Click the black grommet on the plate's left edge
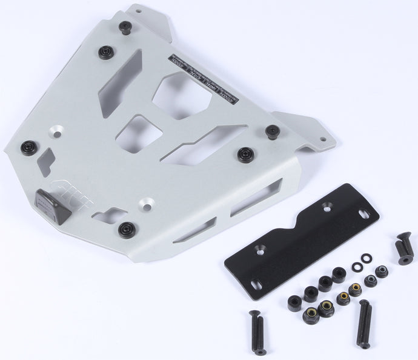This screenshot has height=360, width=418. (x=28, y=147)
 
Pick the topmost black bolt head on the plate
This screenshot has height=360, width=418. (x=126, y=27)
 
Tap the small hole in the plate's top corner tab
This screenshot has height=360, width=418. (x=134, y=10)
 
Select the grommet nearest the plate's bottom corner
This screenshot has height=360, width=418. (x=126, y=228)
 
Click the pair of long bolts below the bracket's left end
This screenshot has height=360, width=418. (x=256, y=332)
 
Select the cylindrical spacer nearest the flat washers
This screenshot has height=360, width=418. (x=340, y=274)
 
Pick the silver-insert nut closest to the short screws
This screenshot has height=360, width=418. (x=382, y=272)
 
